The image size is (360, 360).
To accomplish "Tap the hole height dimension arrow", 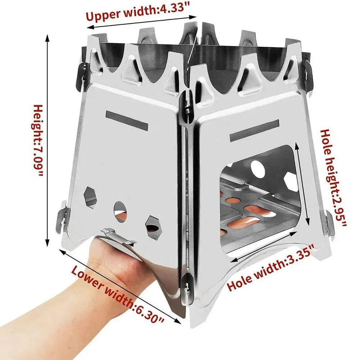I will (302, 184).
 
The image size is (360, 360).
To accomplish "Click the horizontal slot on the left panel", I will (126, 119).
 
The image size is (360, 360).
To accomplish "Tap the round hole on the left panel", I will (120, 210).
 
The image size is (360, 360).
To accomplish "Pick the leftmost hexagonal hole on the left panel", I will (90, 196).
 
